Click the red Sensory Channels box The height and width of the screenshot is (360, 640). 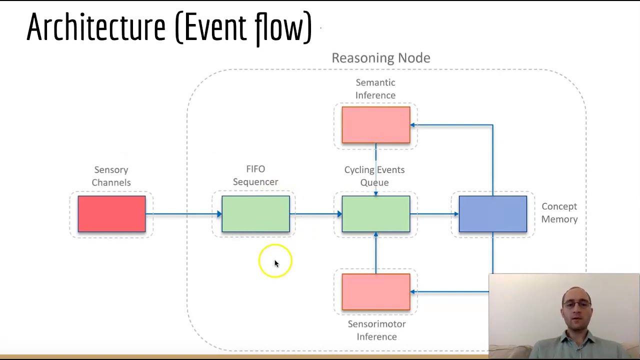click(111, 214)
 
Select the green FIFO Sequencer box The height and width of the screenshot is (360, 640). click(255, 214)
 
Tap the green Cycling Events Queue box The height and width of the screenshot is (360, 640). click(375, 214)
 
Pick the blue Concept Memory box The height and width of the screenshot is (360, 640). click(492, 214)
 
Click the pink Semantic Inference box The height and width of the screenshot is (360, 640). click(375, 125)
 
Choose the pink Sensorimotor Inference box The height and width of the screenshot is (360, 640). click(375, 292)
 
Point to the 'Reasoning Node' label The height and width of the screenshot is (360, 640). click(380, 58)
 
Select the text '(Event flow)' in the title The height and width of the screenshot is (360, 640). click(243, 27)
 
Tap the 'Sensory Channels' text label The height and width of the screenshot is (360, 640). click(111, 176)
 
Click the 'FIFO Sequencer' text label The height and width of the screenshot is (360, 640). click(255, 175)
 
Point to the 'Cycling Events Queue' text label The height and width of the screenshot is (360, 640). click(374, 176)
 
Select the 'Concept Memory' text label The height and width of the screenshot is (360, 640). click(559, 213)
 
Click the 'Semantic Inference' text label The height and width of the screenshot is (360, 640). click(375, 89)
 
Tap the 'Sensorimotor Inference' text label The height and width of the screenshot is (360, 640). click(376, 330)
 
